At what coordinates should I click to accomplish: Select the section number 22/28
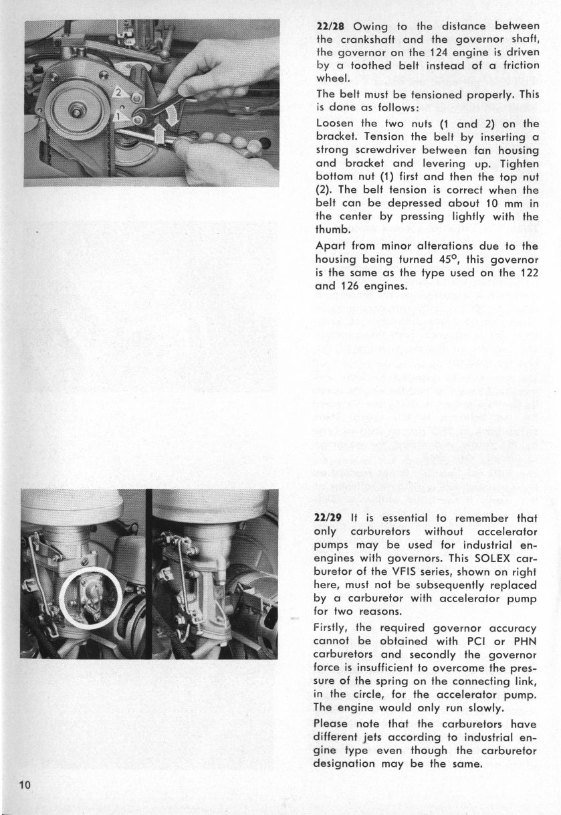pyautogui.click(x=329, y=27)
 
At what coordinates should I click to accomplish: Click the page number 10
pyautogui.click(x=25, y=785)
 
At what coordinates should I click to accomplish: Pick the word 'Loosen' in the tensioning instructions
pyautogui.click(x=337, y=124)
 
